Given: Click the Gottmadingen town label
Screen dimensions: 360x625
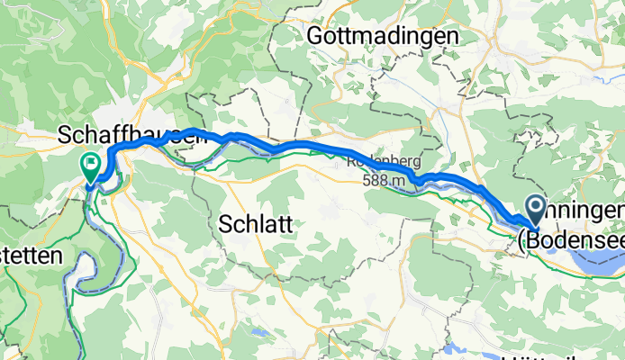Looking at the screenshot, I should [x=383, y=35].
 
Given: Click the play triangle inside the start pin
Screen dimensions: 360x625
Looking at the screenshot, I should [x=534, y=209].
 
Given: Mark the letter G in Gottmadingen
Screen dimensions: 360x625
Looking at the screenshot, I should [x=315, y=35].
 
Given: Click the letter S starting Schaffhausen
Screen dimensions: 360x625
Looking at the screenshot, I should [x=64, y=135].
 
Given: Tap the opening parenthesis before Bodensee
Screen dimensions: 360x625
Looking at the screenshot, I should [x=521, y=238].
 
